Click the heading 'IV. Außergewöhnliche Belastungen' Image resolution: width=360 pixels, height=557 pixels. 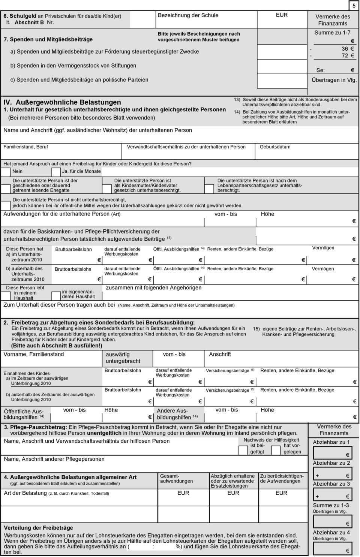pyautogui.click(x=62, y=102)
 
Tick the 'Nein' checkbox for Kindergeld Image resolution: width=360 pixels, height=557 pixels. pyautogui.click(x=6, y=172)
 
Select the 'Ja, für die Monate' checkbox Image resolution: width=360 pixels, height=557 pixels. pyautogui.click(x=56, y=172)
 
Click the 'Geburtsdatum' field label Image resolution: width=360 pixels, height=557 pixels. pyautogui.click(x=275, y=147)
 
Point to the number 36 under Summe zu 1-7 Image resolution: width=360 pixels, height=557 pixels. pyautogui.click(x=345, y=49)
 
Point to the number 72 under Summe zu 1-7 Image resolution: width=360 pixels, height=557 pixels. pyautogui.click(x=345, y=55)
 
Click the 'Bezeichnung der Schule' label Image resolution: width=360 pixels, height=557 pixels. pyautogui.click(x=188, y=15)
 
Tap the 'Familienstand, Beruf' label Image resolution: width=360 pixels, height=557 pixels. pyautogui.click(x=25, y=147)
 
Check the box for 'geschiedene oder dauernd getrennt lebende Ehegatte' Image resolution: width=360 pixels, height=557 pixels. pyautogui.click(x=6, y=186)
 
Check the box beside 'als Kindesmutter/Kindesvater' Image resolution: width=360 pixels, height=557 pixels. pyautogui.click(x=107, y=186)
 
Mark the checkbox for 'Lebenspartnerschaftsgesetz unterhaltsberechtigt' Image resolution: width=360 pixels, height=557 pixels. pyautogui.click(x=209, y=186)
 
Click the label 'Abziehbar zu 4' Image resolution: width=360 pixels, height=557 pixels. pyautogui.click(x=331, y=532)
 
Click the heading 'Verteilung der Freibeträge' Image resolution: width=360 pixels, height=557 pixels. pyautogui.click(x=39, y=528)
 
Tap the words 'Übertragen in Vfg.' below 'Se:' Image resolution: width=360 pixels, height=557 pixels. pyautogui.click(x=334, y=80)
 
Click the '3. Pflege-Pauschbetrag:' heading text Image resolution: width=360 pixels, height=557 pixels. pyautogui.click(x=36, y=427)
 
